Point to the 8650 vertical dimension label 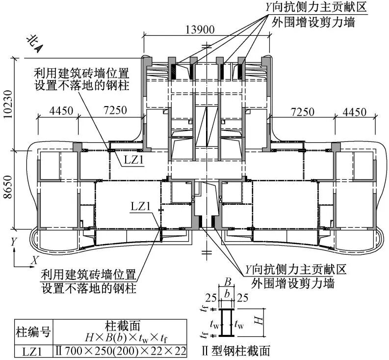[x=11, y=189]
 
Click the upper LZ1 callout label [x=131, y=161]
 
